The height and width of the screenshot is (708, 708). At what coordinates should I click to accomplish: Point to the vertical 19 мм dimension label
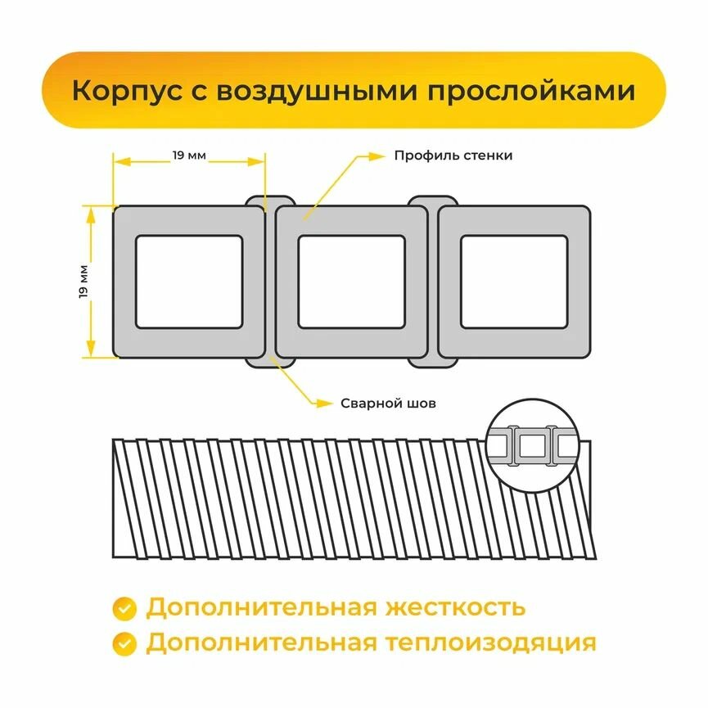click(x=84, y=281)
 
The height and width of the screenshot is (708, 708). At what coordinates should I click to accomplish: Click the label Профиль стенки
click(x=453, y=155)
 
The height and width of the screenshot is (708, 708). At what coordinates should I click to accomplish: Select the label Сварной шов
click(x=388, y=404)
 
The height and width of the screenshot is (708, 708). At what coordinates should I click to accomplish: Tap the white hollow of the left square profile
click(x=189, y=281)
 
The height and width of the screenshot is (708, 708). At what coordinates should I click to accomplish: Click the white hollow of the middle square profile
click(x=351, y=281)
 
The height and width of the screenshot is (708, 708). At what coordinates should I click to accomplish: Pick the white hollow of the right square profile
click(x=514, y=281)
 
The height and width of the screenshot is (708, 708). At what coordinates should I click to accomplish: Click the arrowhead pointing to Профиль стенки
click(x=378, y=155)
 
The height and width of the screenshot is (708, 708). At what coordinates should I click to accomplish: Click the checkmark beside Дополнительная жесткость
click(x=124, y=608)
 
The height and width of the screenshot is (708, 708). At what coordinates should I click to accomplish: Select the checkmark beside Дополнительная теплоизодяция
click(x=124, y=643)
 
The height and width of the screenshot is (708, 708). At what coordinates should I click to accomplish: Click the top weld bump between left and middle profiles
click(x=269, y=201)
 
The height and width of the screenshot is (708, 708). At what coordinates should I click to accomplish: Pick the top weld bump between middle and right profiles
click(x=432, y=201)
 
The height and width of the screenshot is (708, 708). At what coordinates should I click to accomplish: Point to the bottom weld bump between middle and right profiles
click(x=432, y=361)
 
